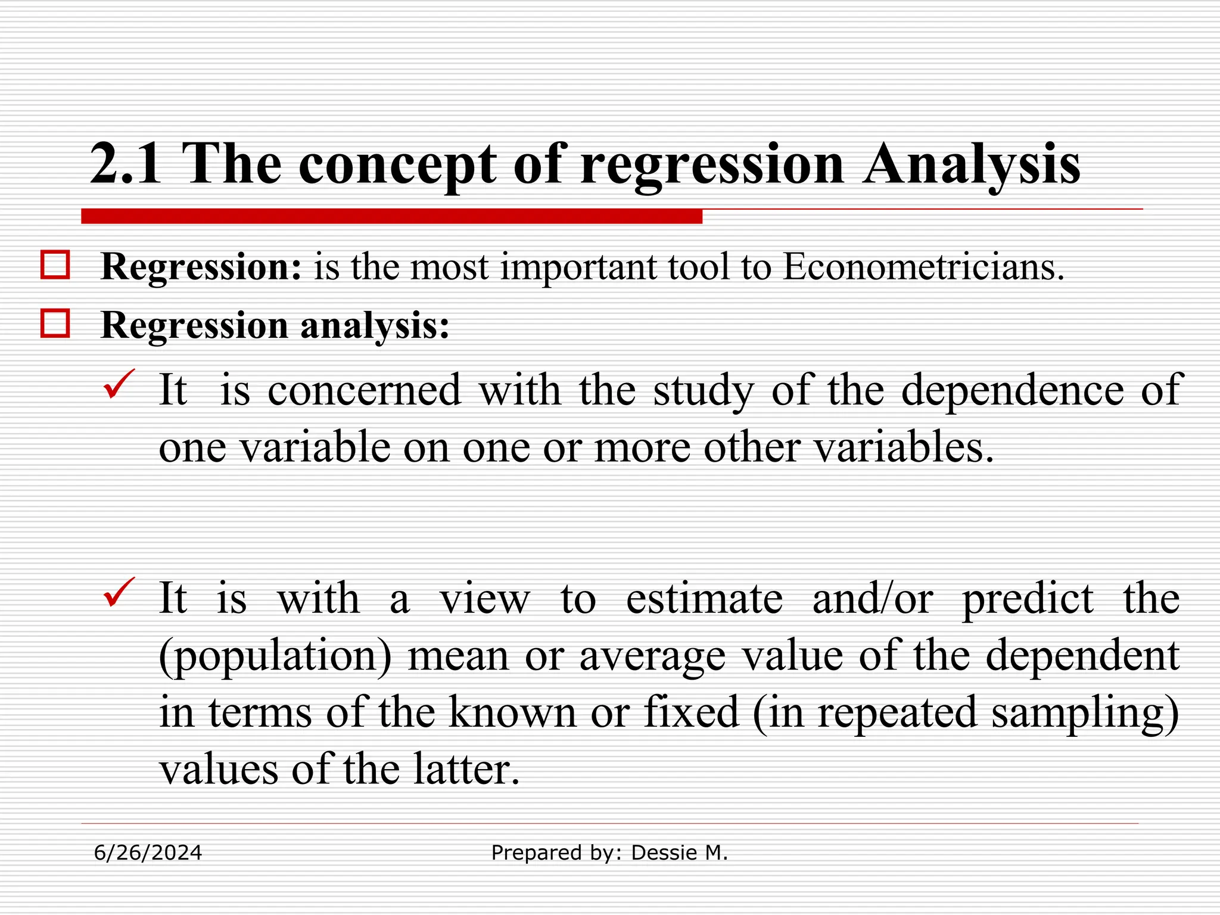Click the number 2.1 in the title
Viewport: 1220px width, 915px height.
coord(125,164)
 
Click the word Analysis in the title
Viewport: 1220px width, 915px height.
coord(972,164)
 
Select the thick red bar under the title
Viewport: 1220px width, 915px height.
coord(391,216)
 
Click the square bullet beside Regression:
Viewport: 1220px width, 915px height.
coord(55,265)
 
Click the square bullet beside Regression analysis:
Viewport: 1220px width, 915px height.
coord(55,324)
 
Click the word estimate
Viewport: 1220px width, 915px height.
coord(704,599)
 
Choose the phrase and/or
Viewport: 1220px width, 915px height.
coord(872,599)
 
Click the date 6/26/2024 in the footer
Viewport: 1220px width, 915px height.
coord(148,853)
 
